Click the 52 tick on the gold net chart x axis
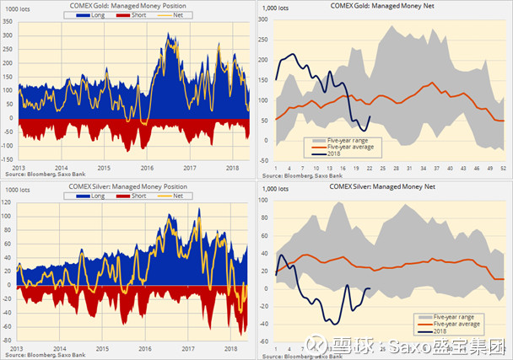503,169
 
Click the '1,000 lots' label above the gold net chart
278,8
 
